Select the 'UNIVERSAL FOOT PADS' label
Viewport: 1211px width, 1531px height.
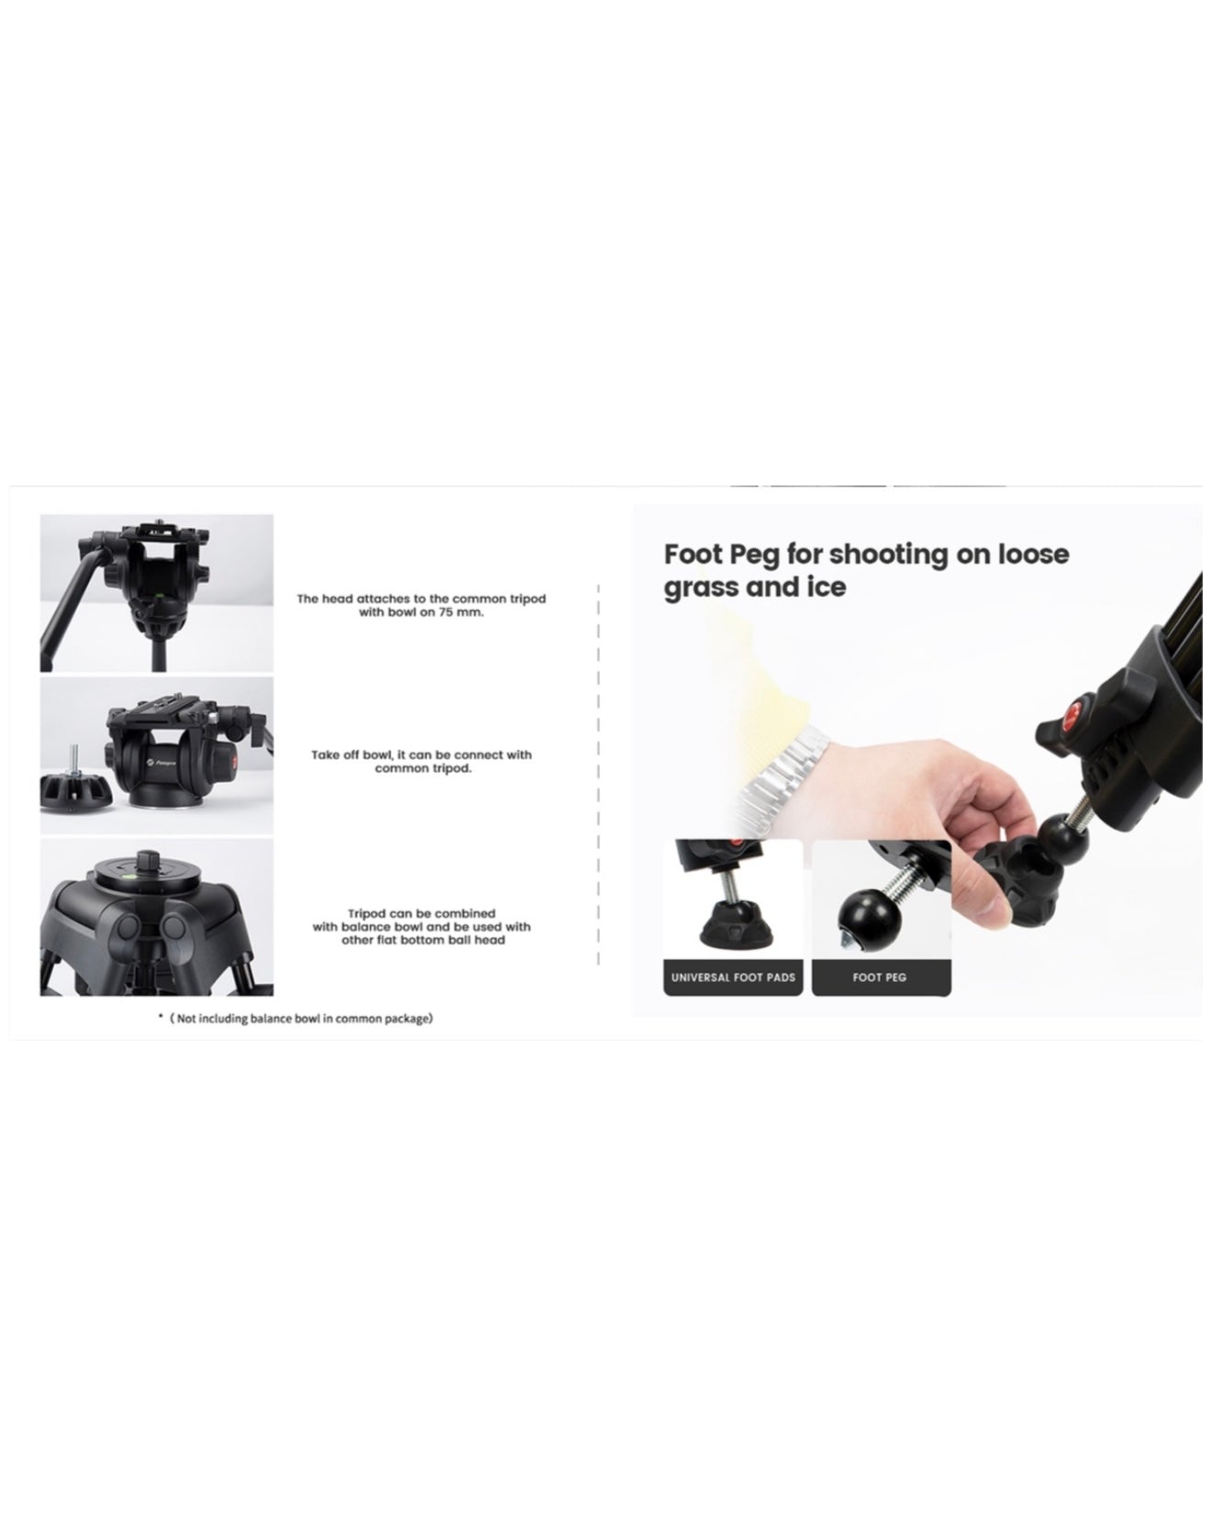(733, 978)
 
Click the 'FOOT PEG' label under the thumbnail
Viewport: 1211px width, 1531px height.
(880, 978)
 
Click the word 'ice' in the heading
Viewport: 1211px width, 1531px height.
(825, 587)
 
